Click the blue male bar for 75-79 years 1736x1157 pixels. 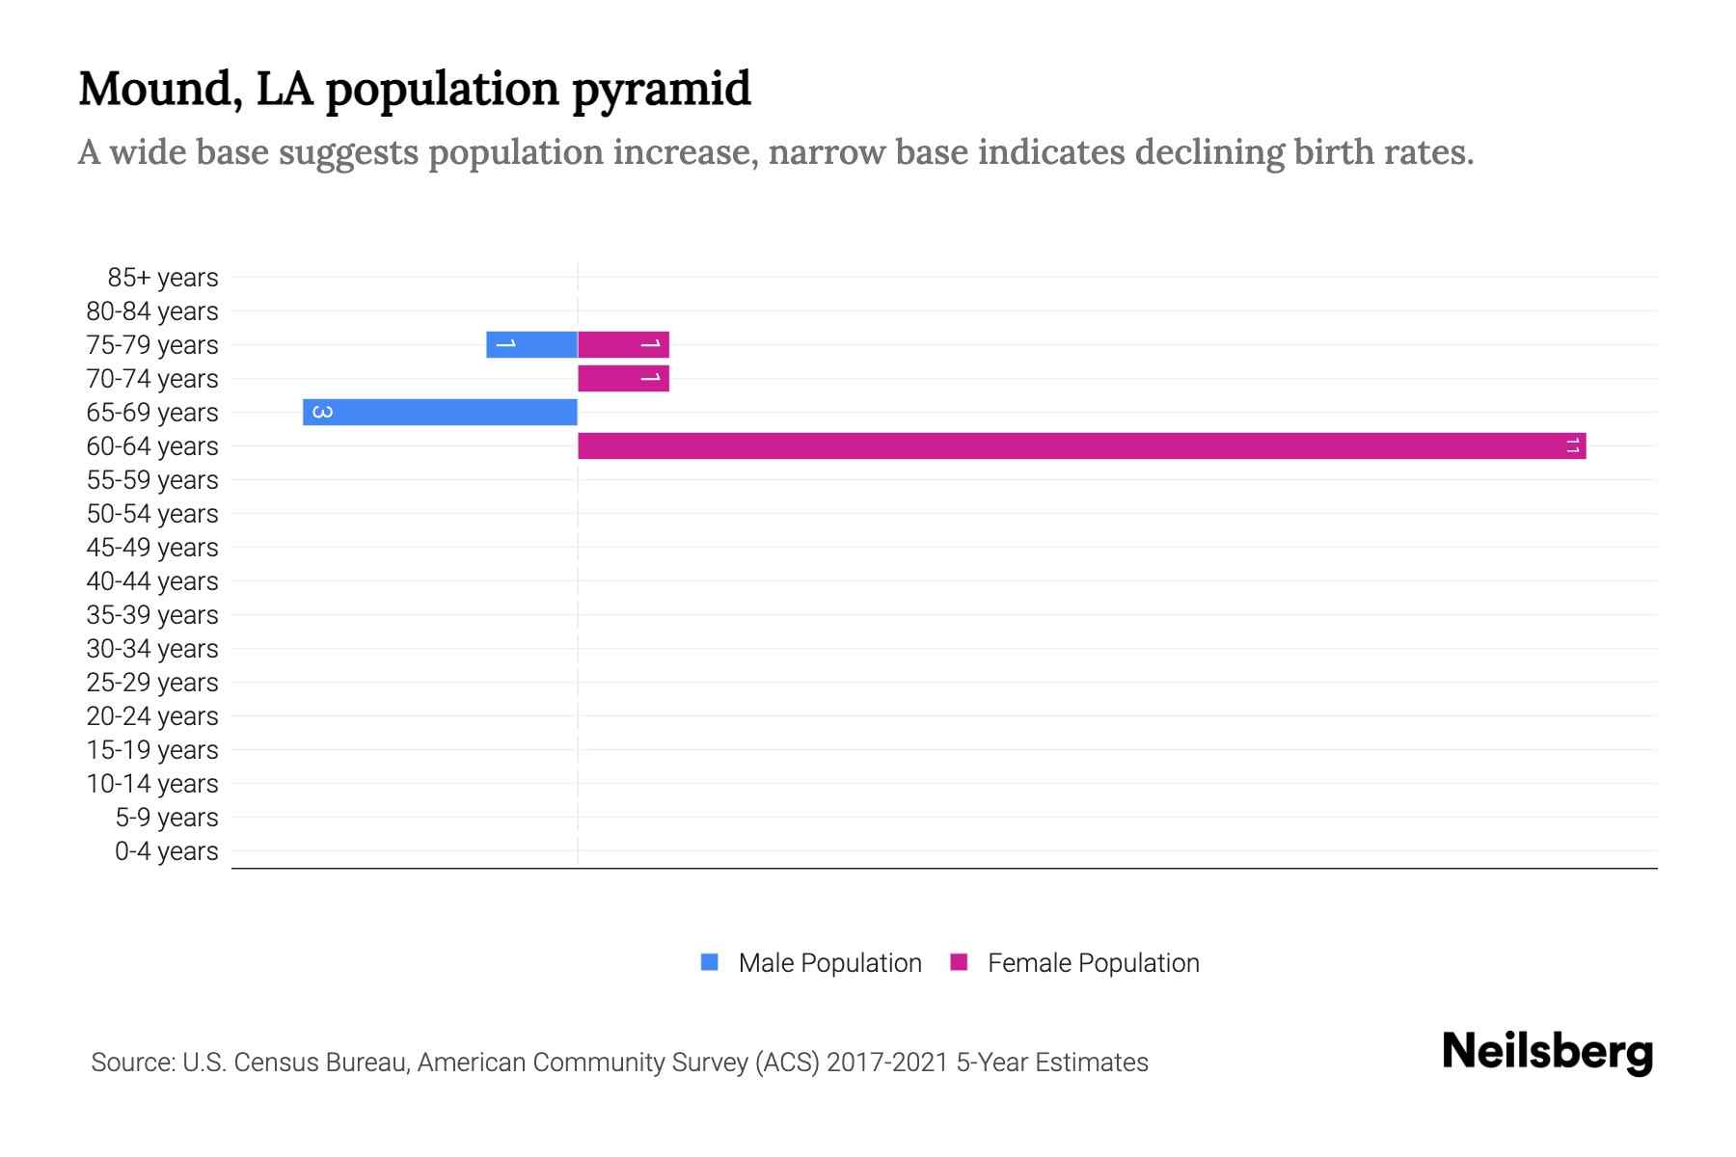coord(531,344)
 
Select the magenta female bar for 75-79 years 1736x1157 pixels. coord(623,344)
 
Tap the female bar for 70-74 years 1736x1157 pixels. coord(623,378)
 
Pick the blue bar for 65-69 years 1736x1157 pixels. coord(440,412)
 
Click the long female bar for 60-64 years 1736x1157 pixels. coord(1080,445)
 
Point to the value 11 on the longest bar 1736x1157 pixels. coord(1573,445)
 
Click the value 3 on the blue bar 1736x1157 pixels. coord(323,412)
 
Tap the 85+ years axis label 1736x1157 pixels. coord(163,278)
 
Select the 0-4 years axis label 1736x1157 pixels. coord(166,851)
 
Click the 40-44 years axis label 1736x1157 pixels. coord(152,581)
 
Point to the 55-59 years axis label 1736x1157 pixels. coord(152,480)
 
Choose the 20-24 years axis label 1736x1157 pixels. coord(152,716)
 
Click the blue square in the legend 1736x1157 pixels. coord(710,962)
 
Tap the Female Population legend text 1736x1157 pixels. coord(1093,963)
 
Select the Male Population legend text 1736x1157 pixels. coord(829,963)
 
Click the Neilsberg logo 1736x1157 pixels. coord(1547,1052)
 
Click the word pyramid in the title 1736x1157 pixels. coord(661,90)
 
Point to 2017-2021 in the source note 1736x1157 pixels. coord(887,1063)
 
